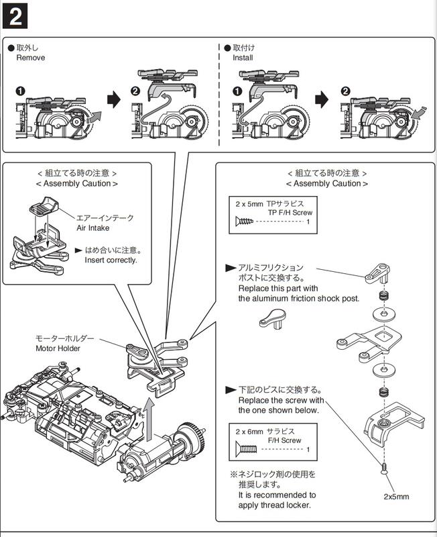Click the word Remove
31,58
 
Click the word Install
243,58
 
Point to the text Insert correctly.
111,260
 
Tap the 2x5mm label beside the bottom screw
396,497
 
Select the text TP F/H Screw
290,212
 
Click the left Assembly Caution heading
77,183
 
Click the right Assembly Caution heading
327,183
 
